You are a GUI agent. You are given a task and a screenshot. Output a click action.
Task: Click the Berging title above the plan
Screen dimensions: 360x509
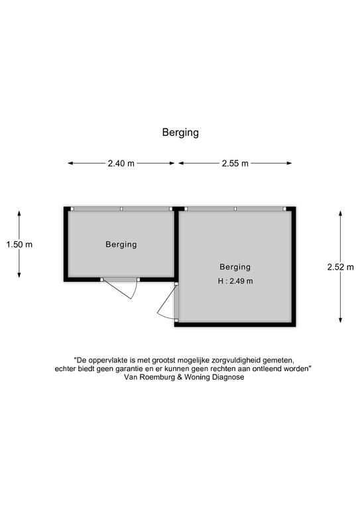pos(180,133)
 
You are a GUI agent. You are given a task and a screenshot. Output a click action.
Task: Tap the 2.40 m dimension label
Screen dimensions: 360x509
pos(121,163)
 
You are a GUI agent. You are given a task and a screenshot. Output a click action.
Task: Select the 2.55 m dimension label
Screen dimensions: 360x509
pos(235,163)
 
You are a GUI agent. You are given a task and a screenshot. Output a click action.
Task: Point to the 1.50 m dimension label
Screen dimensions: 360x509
pos(19,245)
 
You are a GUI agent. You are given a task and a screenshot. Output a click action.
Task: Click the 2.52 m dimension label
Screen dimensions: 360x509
pos(341,267)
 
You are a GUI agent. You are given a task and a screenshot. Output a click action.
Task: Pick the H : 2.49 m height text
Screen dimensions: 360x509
pos(235,281)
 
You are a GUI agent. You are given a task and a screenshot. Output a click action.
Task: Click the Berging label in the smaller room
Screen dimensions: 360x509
pos(121,245)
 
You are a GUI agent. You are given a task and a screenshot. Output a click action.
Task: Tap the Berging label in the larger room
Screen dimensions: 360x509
pos(235,267)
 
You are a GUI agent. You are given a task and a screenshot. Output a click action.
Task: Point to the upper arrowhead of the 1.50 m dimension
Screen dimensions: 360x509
pos(19,214)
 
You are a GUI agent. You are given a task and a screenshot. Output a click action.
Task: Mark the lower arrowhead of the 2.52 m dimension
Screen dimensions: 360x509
pos(341,319)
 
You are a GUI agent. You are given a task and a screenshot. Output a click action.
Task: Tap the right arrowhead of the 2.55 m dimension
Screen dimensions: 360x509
pos(288,163)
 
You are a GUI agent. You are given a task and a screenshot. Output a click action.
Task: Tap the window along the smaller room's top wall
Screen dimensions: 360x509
pos(121,209)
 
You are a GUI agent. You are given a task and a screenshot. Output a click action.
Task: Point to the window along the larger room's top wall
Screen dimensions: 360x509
pos(235,209)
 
